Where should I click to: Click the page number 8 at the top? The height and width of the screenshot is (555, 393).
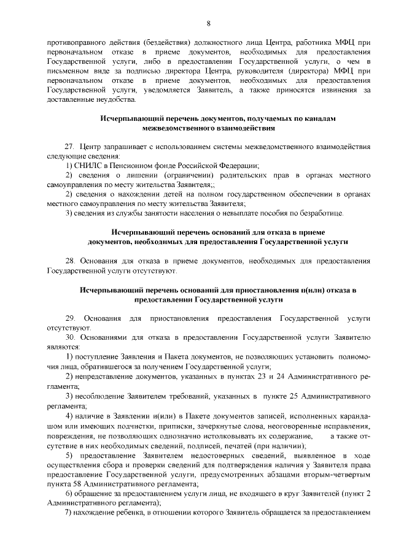[x=208, y=23]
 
